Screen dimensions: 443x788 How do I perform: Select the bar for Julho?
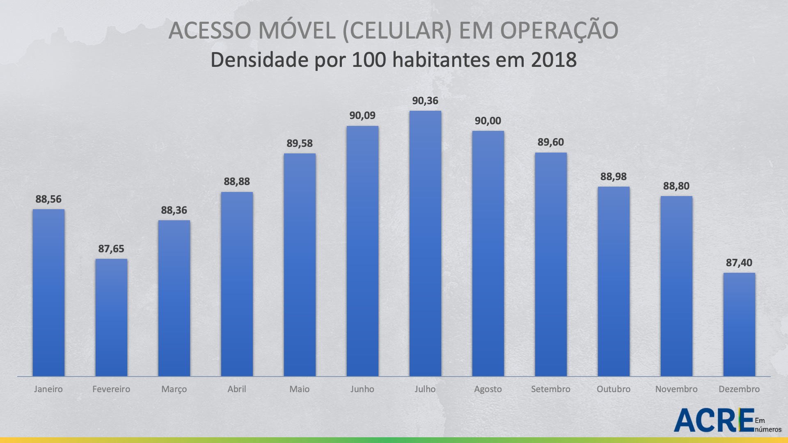[x=425, y=244]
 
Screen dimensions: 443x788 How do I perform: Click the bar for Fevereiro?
[x=111, y=317]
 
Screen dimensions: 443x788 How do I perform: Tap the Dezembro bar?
[x=739, y=324]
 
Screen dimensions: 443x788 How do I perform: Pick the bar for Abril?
[x=237, y=284]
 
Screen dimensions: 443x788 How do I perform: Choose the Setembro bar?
[x=551, y=265]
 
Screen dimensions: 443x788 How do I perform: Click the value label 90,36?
[x=425, y=101]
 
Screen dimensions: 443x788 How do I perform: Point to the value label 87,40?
[x=739, y=263]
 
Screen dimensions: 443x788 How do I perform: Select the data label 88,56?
[x=48, y=199]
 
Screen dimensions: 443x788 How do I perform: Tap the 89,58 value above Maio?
[x=300, y=144]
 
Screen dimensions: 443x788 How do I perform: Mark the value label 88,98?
[x=614, y=177]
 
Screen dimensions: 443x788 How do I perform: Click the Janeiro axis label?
[x=48, y=389]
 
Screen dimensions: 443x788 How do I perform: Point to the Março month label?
[x=174, y=389]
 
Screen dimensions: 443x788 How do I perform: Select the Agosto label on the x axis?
[x=488, y=389]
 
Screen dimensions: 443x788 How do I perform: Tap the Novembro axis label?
[x=676, y=389]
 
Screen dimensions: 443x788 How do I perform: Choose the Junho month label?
[x=362, y=389]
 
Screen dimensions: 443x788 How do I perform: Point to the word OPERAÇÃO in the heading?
[x=559, y=30]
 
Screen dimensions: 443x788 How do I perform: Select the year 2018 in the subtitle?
[x=554, y=60]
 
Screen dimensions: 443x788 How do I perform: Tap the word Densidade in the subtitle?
[x=259, y=60]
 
